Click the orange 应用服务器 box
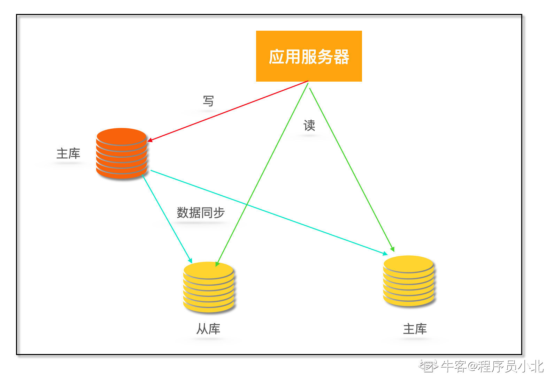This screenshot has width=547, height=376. [309, 56]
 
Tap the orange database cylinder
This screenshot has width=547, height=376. [122, 153]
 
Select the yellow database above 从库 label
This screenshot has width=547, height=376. [209, 287]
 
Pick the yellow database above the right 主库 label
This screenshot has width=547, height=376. [409, 281]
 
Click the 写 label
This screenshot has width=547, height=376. [208, 101]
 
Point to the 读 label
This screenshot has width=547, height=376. [309, 126]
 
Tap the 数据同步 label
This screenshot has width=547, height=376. [201, 212]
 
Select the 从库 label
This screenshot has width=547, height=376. [208, 329]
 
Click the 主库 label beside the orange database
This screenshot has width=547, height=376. [68, 153]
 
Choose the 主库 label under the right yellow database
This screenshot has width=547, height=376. [415, 329]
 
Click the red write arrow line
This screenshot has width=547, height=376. [228, 111]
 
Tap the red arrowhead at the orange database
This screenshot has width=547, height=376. [150, 140]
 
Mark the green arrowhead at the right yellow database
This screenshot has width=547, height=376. [393, 249]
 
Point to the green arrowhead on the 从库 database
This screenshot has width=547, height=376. [217, 264]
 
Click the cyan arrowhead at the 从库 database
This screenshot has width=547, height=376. [190, 261]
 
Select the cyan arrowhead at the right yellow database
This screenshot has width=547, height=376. [385, 254]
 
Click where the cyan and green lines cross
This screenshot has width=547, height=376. [247, 205]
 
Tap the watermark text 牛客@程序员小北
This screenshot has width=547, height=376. [492, 366]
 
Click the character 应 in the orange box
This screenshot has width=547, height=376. [276, 57]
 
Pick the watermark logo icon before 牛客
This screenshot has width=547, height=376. [428, 366]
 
